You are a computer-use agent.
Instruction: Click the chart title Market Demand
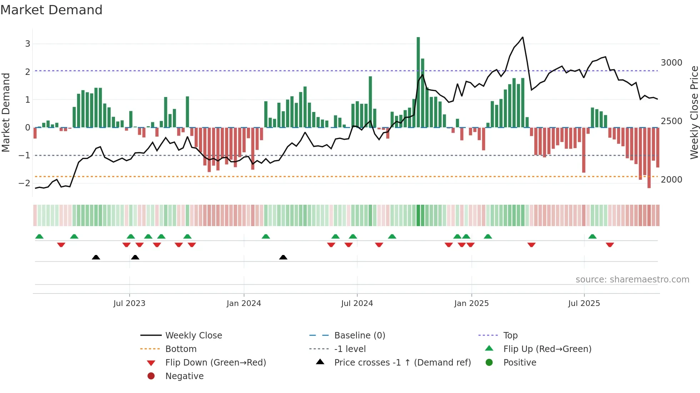pyautogui.click(x=51, y=10)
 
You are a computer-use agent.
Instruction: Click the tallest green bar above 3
pyautogui.click(x=418, y=82)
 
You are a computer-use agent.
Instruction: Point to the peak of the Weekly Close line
pyautogui.click(x=522, y=37)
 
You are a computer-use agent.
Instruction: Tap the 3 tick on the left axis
pyautogui.click(x=27, y=44)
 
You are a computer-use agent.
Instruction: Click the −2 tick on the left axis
pyautogui.click(x=25, y=183)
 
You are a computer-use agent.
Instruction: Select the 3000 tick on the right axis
pyautogui.click(x=671, y=63)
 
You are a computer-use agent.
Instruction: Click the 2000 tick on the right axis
pyautogui.click(x=671, y=180)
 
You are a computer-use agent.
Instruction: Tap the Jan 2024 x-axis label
pyautogui.click(x=244, y=303)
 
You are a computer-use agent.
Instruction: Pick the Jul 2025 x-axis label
pyautogui.click(x=584, y=303)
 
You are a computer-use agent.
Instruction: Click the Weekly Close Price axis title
pyautogui.click(x=694, y=112)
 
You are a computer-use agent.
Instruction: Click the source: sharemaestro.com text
pyautogui.click(x=632, y=280)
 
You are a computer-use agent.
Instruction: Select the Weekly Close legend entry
pyautogui.click(x=193, y=336)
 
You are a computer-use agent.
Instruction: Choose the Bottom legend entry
pyautogui.click(x=181, y=349)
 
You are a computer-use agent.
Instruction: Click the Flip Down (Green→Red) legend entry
pyautogui.click(x=215, y=363)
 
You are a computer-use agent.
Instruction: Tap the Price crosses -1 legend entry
pyautogui.click(x=402, y=363)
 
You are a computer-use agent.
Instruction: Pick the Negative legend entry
pyautogui.click(x=184, y=376)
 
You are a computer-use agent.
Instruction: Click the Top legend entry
pyautogui.click(x=510, y=336)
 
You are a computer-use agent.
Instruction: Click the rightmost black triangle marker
pyautogui.click(x=283, y=257)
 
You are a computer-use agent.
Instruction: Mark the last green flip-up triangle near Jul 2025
pyautogui.click(x=592, y=236)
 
